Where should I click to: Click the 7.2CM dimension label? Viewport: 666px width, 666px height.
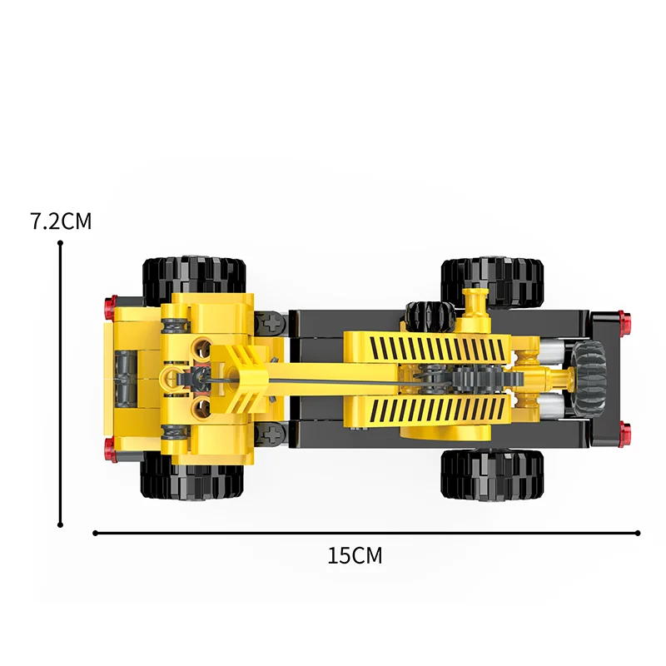click(x=61, y=221)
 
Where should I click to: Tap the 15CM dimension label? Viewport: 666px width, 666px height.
click(x=355, y=555)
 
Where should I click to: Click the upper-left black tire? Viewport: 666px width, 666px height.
click(x=194, y=278)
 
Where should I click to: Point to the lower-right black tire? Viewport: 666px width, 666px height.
click(x=493, y=474)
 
